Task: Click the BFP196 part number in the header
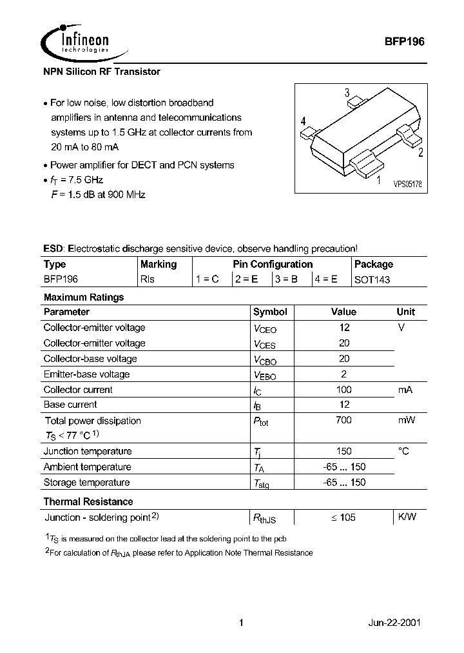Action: click(403, 40)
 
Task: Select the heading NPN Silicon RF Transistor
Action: click(101, 72)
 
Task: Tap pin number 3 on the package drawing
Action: click(347, 92)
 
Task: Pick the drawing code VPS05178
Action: click(408, 184)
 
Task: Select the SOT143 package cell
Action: click(372, 280)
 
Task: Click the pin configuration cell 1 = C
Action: click(208, 280)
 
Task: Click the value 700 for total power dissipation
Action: click(343, 421)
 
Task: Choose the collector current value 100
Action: click(343, 390)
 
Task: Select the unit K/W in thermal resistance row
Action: click(406, 517)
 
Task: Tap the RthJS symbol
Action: click(264, 517)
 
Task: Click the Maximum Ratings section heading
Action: click(83, 297)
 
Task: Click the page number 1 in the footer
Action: click(240, 623)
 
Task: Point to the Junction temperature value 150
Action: click(343, 452)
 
